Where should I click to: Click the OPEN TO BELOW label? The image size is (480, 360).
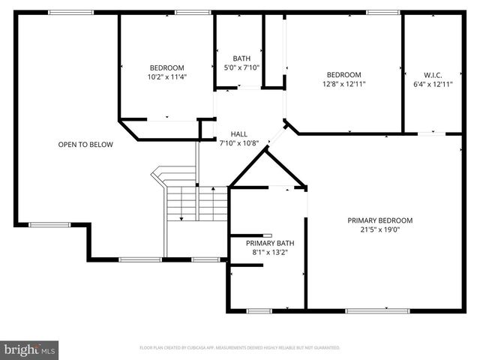(85, 145)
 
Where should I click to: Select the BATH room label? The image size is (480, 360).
(241, 58)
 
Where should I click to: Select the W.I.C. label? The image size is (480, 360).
(433, 74)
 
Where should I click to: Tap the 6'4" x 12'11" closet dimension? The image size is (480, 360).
(433, 84)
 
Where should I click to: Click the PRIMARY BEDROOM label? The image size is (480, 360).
(379, 220)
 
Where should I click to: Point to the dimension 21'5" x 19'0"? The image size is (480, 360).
(379, 230)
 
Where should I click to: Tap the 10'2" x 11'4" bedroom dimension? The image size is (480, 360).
(166, 76)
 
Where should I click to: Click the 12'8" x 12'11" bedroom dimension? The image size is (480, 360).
(343, 84)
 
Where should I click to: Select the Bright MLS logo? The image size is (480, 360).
(30, 349)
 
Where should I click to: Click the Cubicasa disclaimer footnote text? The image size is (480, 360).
(240, 348)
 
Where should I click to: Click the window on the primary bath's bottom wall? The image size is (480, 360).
(259, 310)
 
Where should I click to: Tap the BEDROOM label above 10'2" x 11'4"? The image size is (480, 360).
(166, 67)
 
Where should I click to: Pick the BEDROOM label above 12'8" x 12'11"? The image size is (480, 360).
(343, 74)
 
